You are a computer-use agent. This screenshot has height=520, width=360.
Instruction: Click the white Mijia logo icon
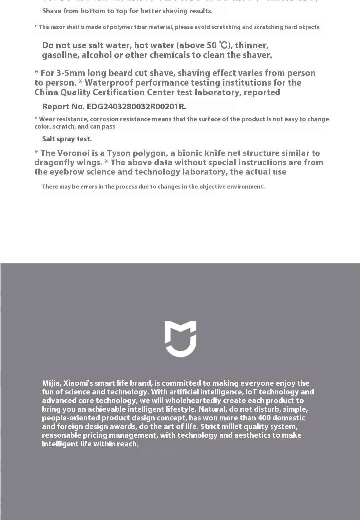180,338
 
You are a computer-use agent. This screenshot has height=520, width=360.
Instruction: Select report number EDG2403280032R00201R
136,107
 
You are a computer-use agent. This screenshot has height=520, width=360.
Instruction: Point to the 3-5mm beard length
71,73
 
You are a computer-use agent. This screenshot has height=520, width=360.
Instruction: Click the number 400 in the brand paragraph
265,418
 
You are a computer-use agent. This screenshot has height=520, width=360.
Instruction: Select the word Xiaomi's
78,383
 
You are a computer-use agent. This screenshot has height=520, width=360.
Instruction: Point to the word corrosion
104,119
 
